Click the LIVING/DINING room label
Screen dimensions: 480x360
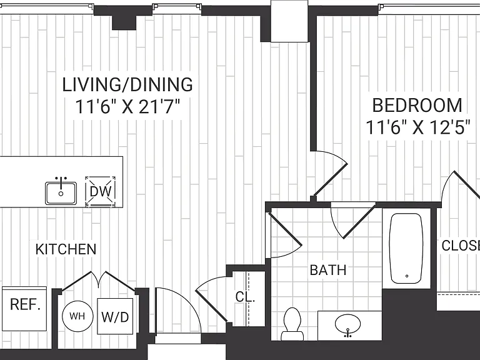pyautogui.click(x=127, y=85)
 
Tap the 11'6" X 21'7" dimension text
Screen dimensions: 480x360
pyautogui.click(x=127, y=107)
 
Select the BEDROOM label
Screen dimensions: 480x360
pyautogui.click(x=417, y=105)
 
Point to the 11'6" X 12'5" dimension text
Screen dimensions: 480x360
pyautogui.click(x=418, y=127)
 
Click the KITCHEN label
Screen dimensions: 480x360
pyautogui.click(x=66, y=249)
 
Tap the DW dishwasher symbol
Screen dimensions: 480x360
pyautogui.click(x=101, y=192)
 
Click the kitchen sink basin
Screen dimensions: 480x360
pyautogui.click(x=61, y=193)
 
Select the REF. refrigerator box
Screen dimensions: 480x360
pyautogui.click(x=24, y=309)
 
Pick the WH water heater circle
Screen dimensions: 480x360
pyautogui.click(x=77, y=316)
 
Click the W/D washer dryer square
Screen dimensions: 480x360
pyautogui.click(x=115, y=316)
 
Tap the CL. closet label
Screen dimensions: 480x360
pyautogui.click(x=245, y=297)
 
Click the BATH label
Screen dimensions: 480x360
pyautogui.click(x=328, y=270)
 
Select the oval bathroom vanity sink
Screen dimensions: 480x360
pyautogui.click(x=347, y=324)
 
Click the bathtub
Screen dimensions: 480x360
pyautogui.click(x=406, y=248)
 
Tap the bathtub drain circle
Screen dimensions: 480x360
pyautogui.click(x=407, y=276)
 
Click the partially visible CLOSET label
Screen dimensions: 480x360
pyautogui.click(x=461, y=246)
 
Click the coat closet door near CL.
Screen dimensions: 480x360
pyautogui.click(x=211, y=299)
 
